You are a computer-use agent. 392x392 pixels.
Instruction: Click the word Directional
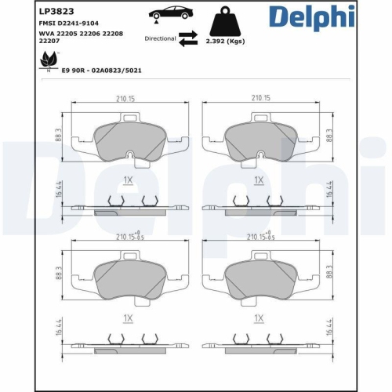161,38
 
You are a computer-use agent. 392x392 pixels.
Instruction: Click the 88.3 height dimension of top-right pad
328,135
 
